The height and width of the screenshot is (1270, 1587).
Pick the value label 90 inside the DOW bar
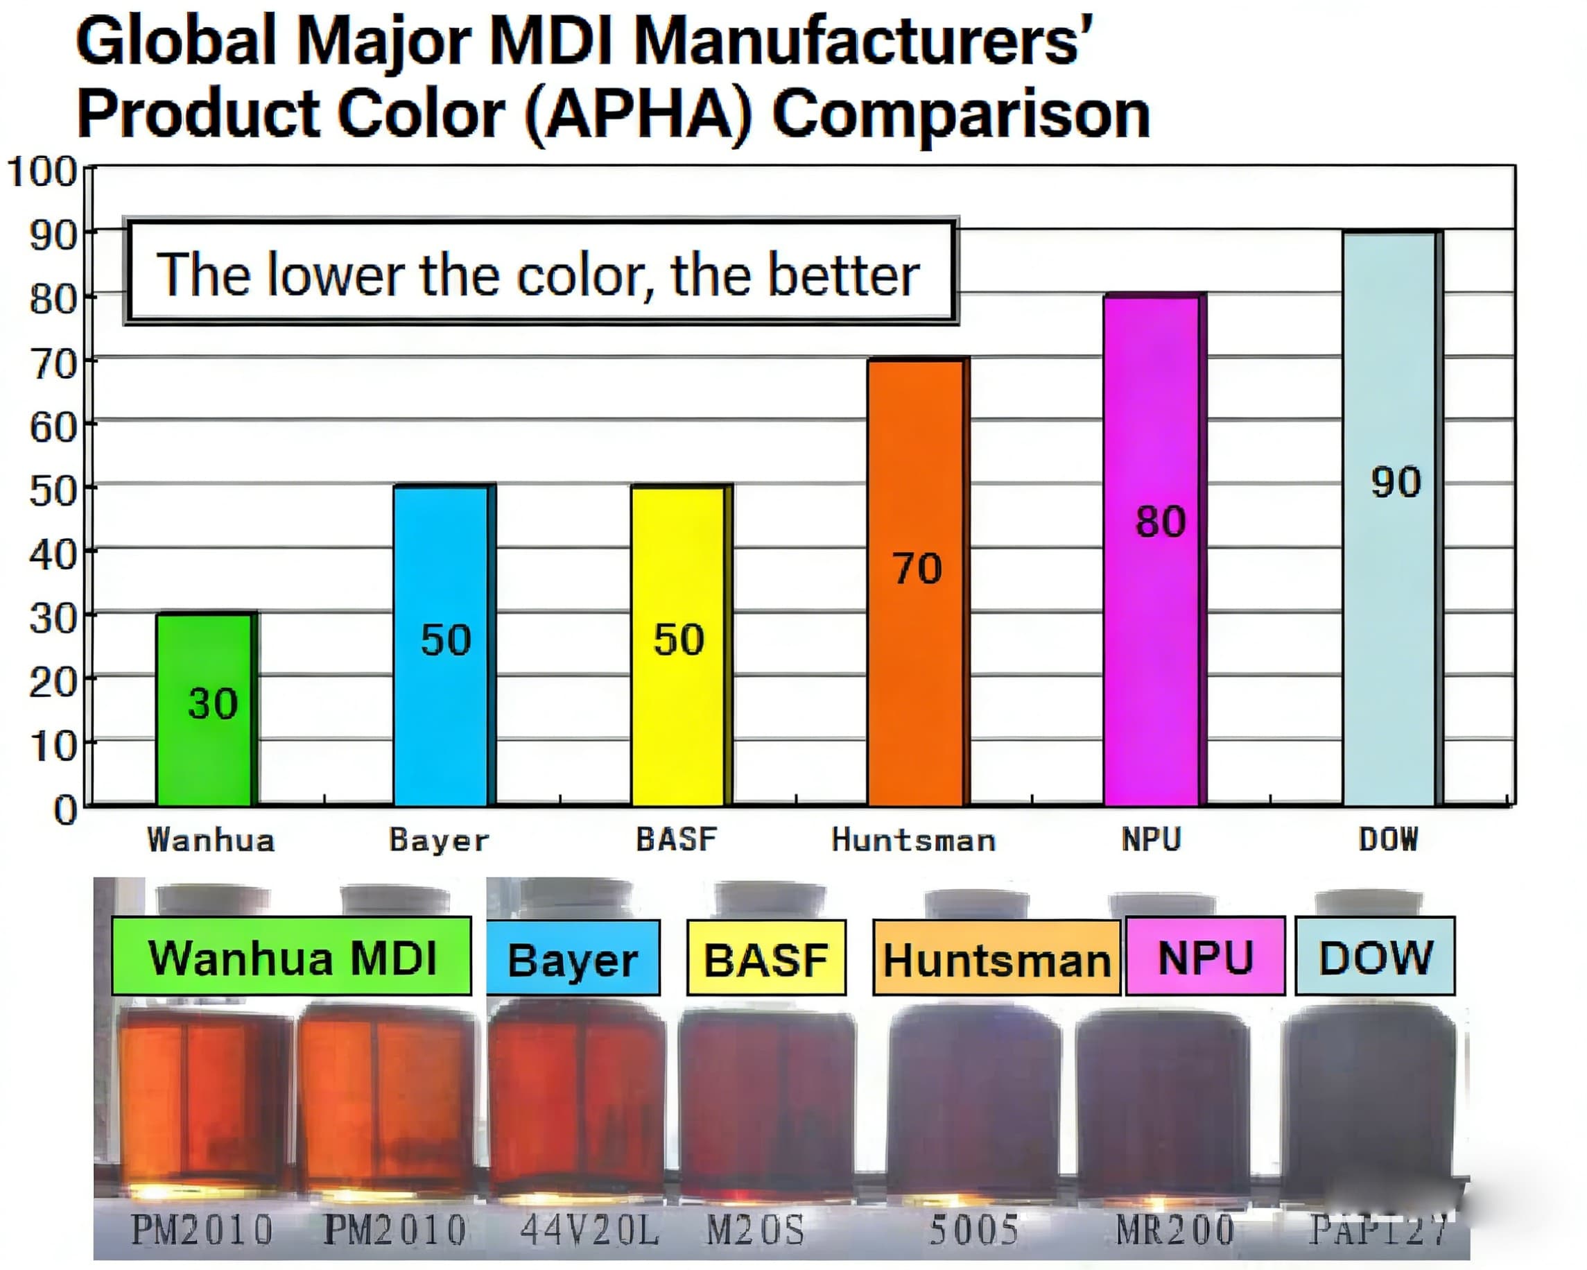click(x=1396, y=483)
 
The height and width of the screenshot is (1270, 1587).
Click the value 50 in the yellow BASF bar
click(x=679, y=639)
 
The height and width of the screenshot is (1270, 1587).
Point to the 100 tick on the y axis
click(x=43, y=172)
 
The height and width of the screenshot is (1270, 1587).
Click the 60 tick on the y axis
click(x=53, y=427)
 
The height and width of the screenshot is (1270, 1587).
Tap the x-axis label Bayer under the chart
click(x=439, y=840)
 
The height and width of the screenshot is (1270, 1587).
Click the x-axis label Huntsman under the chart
click(x=914, y=840)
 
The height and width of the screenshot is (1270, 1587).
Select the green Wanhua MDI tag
click(x=291, y=957)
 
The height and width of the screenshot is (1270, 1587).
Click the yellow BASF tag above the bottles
click(x=766, y=959)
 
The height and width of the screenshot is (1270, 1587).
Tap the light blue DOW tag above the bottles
click(x=1375, y=957)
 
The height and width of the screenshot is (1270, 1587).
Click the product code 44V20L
click(x=589, y=1230)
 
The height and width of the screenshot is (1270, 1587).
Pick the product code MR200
click(x=1174, y=1230)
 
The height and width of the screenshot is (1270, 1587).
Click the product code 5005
click(x=974, y=1230)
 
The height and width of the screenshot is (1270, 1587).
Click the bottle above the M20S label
click(x=765, y=1104)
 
